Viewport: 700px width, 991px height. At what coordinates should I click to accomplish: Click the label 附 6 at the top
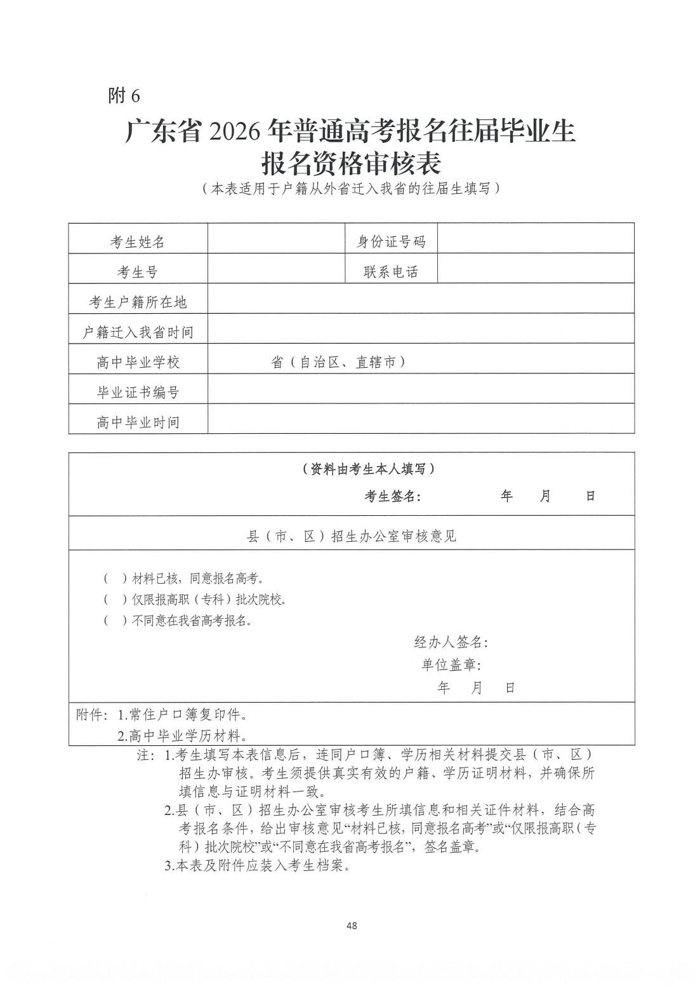click(x=124, y=95)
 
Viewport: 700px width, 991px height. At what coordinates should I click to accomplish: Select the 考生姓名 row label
click(x=138, y=242)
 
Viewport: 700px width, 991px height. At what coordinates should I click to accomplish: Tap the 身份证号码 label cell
click(x=390, y=241)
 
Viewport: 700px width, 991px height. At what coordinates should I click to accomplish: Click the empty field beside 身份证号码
click(x=536, y=239)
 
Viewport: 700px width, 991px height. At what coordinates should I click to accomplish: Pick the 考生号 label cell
click(x=138, y=272)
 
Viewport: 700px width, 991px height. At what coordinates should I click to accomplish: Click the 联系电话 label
click(x=390, y=272)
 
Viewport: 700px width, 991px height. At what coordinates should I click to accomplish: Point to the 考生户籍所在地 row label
click(x=138, y=302)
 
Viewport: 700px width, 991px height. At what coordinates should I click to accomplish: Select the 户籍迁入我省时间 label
click(x=138, y=332)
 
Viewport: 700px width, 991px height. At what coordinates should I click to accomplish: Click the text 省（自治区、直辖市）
click(x=338, y=362)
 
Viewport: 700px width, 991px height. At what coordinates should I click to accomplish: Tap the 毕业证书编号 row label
click(x=138, y=393)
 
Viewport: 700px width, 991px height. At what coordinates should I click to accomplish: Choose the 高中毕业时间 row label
click(x=138, y=422)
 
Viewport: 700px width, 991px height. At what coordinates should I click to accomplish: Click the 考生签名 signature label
click(x=392, y=497)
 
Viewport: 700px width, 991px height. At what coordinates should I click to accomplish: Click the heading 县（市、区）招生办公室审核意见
click(x=352, y=536)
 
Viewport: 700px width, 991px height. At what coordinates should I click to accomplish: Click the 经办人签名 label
click(x=451, y=642)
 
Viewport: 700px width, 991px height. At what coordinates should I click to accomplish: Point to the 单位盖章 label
click(x=451, y=665)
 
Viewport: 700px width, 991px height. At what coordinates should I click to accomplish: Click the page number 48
click(x=352, y=926)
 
